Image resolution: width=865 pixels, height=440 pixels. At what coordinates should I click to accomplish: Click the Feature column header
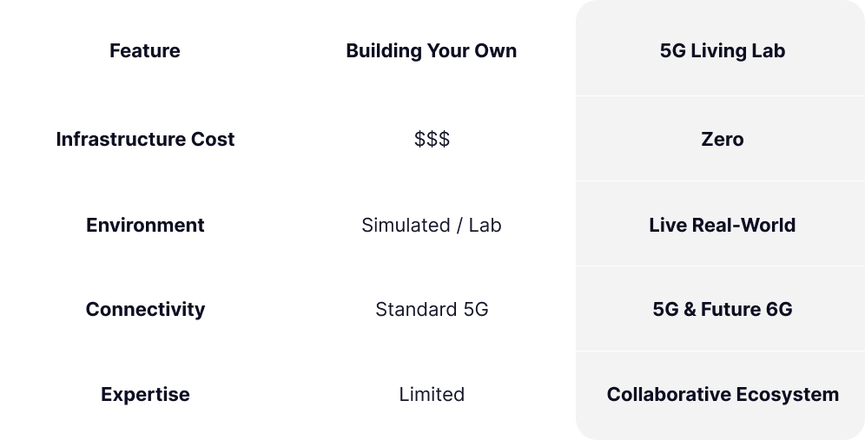coord(145,50)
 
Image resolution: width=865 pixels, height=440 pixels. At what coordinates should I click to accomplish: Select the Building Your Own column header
coord(432,50)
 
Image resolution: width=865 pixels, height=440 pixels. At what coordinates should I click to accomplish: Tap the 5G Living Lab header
coord(723,50)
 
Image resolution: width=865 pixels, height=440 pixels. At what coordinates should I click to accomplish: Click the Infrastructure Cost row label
coord(145,139)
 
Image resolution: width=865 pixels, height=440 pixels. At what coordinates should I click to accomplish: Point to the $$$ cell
coord(432,139)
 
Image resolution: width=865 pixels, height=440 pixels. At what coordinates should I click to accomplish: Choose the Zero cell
coord(723,139)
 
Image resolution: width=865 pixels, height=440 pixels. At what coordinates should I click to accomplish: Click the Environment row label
coord(145,225)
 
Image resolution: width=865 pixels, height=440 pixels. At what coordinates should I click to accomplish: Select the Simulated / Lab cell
coord(432,225)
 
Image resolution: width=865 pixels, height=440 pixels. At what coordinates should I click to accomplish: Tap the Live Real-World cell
coord(723,225)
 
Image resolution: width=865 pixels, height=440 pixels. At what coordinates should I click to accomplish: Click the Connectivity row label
coord(145,309)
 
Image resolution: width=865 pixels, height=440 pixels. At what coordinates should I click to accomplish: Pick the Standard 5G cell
coord(432,309)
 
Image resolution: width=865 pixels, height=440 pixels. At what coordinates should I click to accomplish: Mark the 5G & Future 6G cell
coord(723,309)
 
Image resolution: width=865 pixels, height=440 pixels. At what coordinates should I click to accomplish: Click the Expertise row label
coord(145,394)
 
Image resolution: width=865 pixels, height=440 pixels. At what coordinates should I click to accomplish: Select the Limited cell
coord(432,394)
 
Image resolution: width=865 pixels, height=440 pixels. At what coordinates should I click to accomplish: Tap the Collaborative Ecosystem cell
coord(723,394)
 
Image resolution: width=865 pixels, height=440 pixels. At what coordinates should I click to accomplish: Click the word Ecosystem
coord(788,394)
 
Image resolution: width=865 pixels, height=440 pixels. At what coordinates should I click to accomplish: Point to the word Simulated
coord(404,225)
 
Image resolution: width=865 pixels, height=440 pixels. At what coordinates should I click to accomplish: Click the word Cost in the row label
coord(214,139)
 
